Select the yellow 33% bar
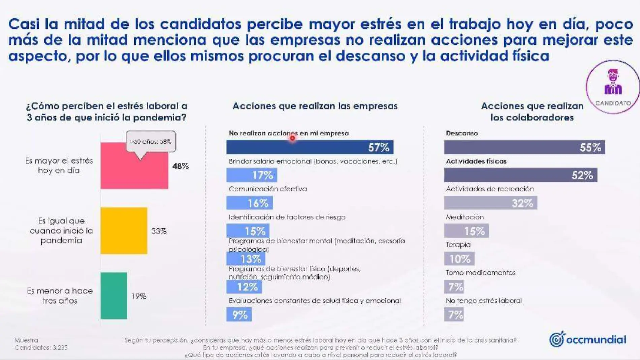(124, 231)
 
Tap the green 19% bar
(114, 296)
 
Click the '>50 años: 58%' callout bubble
(151, 141)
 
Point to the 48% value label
(181, 166)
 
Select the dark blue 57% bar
(310, 147)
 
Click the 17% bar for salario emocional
(251, 175)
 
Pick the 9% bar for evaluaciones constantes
(239, 315)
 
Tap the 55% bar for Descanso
(524, 147)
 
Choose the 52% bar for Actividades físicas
(520, 175)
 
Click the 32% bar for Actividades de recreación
(490, 203)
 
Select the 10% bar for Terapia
(459, 259)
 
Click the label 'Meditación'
(465, 217)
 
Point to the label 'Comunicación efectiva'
(268, 189)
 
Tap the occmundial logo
(587, 339)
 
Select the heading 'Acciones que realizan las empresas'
(315, 106)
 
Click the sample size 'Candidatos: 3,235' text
(41, 347)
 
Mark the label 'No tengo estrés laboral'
(483, 301)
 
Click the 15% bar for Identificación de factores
(248, 231)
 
